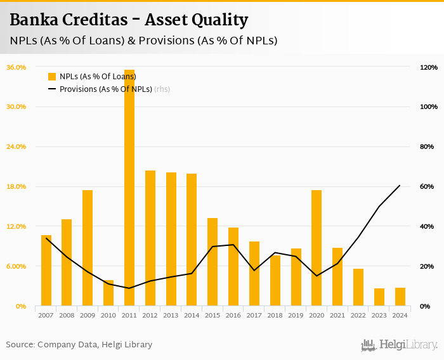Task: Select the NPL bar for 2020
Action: (x=317, y=248)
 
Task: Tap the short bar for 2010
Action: (x=108, y=293)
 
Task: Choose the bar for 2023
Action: (x=379, y=297)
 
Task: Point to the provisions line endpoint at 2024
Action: (x=400, y=186)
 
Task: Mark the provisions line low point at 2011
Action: (x=129, y=288)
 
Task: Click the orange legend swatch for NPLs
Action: (x=52, y=77)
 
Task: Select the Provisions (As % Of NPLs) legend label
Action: (x=106, y=89)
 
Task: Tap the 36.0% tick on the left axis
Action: (x=16, y=67)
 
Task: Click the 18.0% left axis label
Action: (x=16, y=186)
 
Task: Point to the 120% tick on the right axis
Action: (x=429, y=67)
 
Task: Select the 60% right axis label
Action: (x=427, y=186)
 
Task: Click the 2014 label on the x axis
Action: (x=192, y=315)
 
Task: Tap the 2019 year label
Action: (x=296, y=315)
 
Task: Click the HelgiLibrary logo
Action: (x=399, y=345)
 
